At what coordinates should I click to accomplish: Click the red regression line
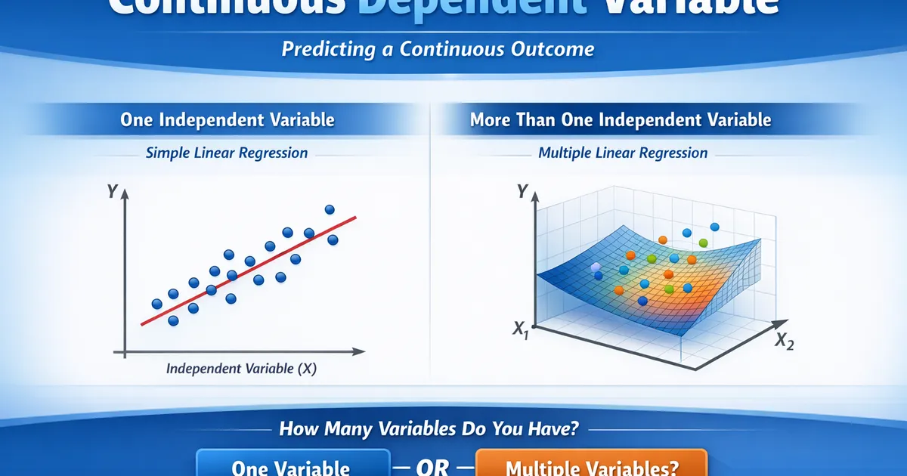pyautogui.click(x=249, y=270)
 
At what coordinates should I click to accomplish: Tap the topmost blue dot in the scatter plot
pyautogui.click(x=329, y=209)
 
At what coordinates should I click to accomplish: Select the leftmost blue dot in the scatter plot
pyautogui.click(x=157, y=304)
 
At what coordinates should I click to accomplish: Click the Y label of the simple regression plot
pyautogui.click(x=112, y=192)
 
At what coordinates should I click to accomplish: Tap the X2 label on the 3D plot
pyautogui.click(x=784, y=341)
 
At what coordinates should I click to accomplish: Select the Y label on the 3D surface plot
pyautogui.click(x=521, y=191)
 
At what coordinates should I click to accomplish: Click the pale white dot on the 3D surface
pyautogui.click(x=596, y=267)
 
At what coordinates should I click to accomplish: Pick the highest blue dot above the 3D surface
pyautogui.click(x=715, y=226)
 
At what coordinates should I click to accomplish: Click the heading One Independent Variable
pyautogui.click(x=227, y=119)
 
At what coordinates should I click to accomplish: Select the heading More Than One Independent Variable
pyautogui.click(x=620, y=119)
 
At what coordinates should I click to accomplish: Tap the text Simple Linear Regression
pyautogui.click(x=227, y=153)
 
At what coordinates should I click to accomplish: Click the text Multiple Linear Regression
pyautogui.click(x=623, y=153)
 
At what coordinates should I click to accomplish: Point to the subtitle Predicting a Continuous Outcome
pyautogui.click(x=438, y=49)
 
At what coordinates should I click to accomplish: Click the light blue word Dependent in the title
pyautogui.click(x=461, y=6)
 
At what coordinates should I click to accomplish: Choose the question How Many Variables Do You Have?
pyautogui.click(x=429, y=429)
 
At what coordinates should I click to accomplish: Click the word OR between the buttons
pyautogui.click(x=433, y=467)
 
